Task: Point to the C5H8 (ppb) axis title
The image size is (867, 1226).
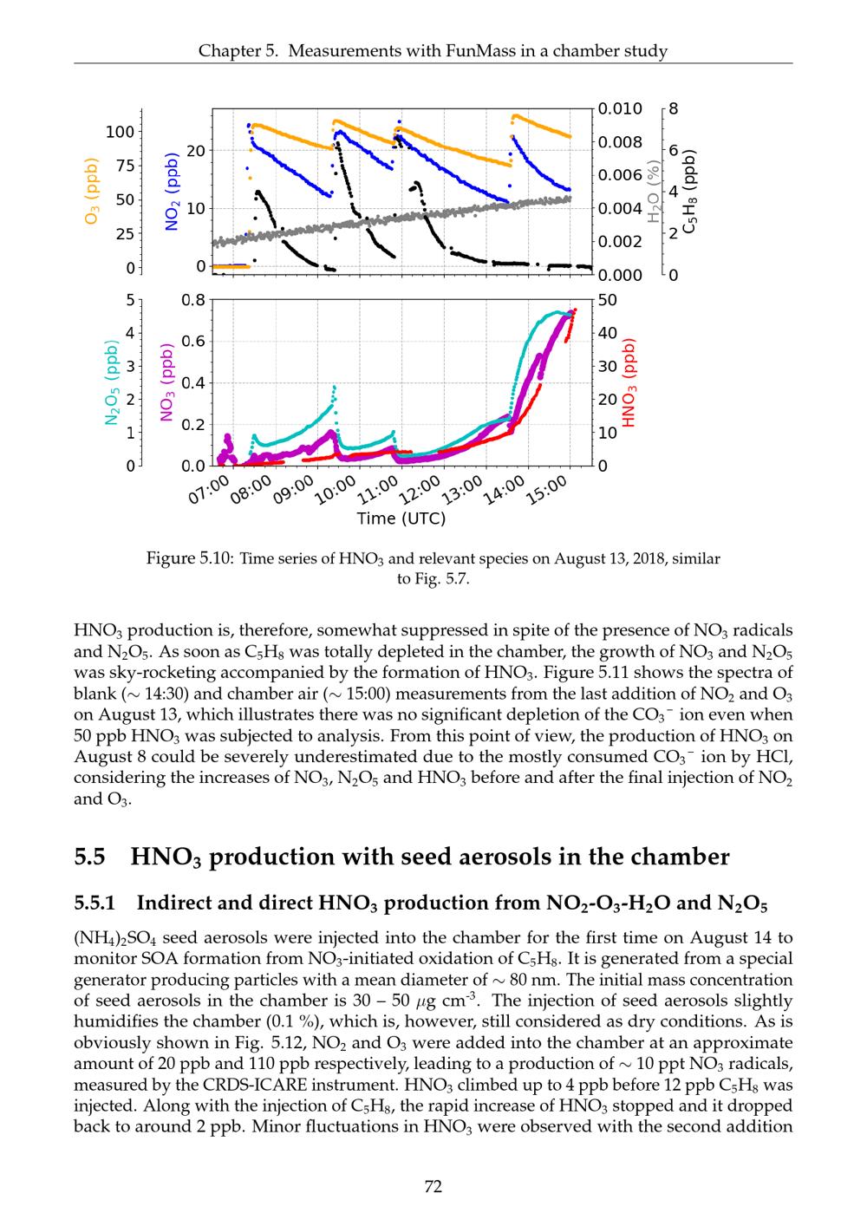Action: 689,191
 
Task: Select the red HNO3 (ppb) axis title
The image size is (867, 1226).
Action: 629,381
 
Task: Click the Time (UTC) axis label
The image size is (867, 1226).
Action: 401,518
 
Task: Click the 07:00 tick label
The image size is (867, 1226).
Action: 209,492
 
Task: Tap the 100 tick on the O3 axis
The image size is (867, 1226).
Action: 120,131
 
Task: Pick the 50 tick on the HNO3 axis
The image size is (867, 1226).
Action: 609,301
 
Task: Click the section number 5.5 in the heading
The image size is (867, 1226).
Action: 90,858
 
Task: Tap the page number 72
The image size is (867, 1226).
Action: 433,1186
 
